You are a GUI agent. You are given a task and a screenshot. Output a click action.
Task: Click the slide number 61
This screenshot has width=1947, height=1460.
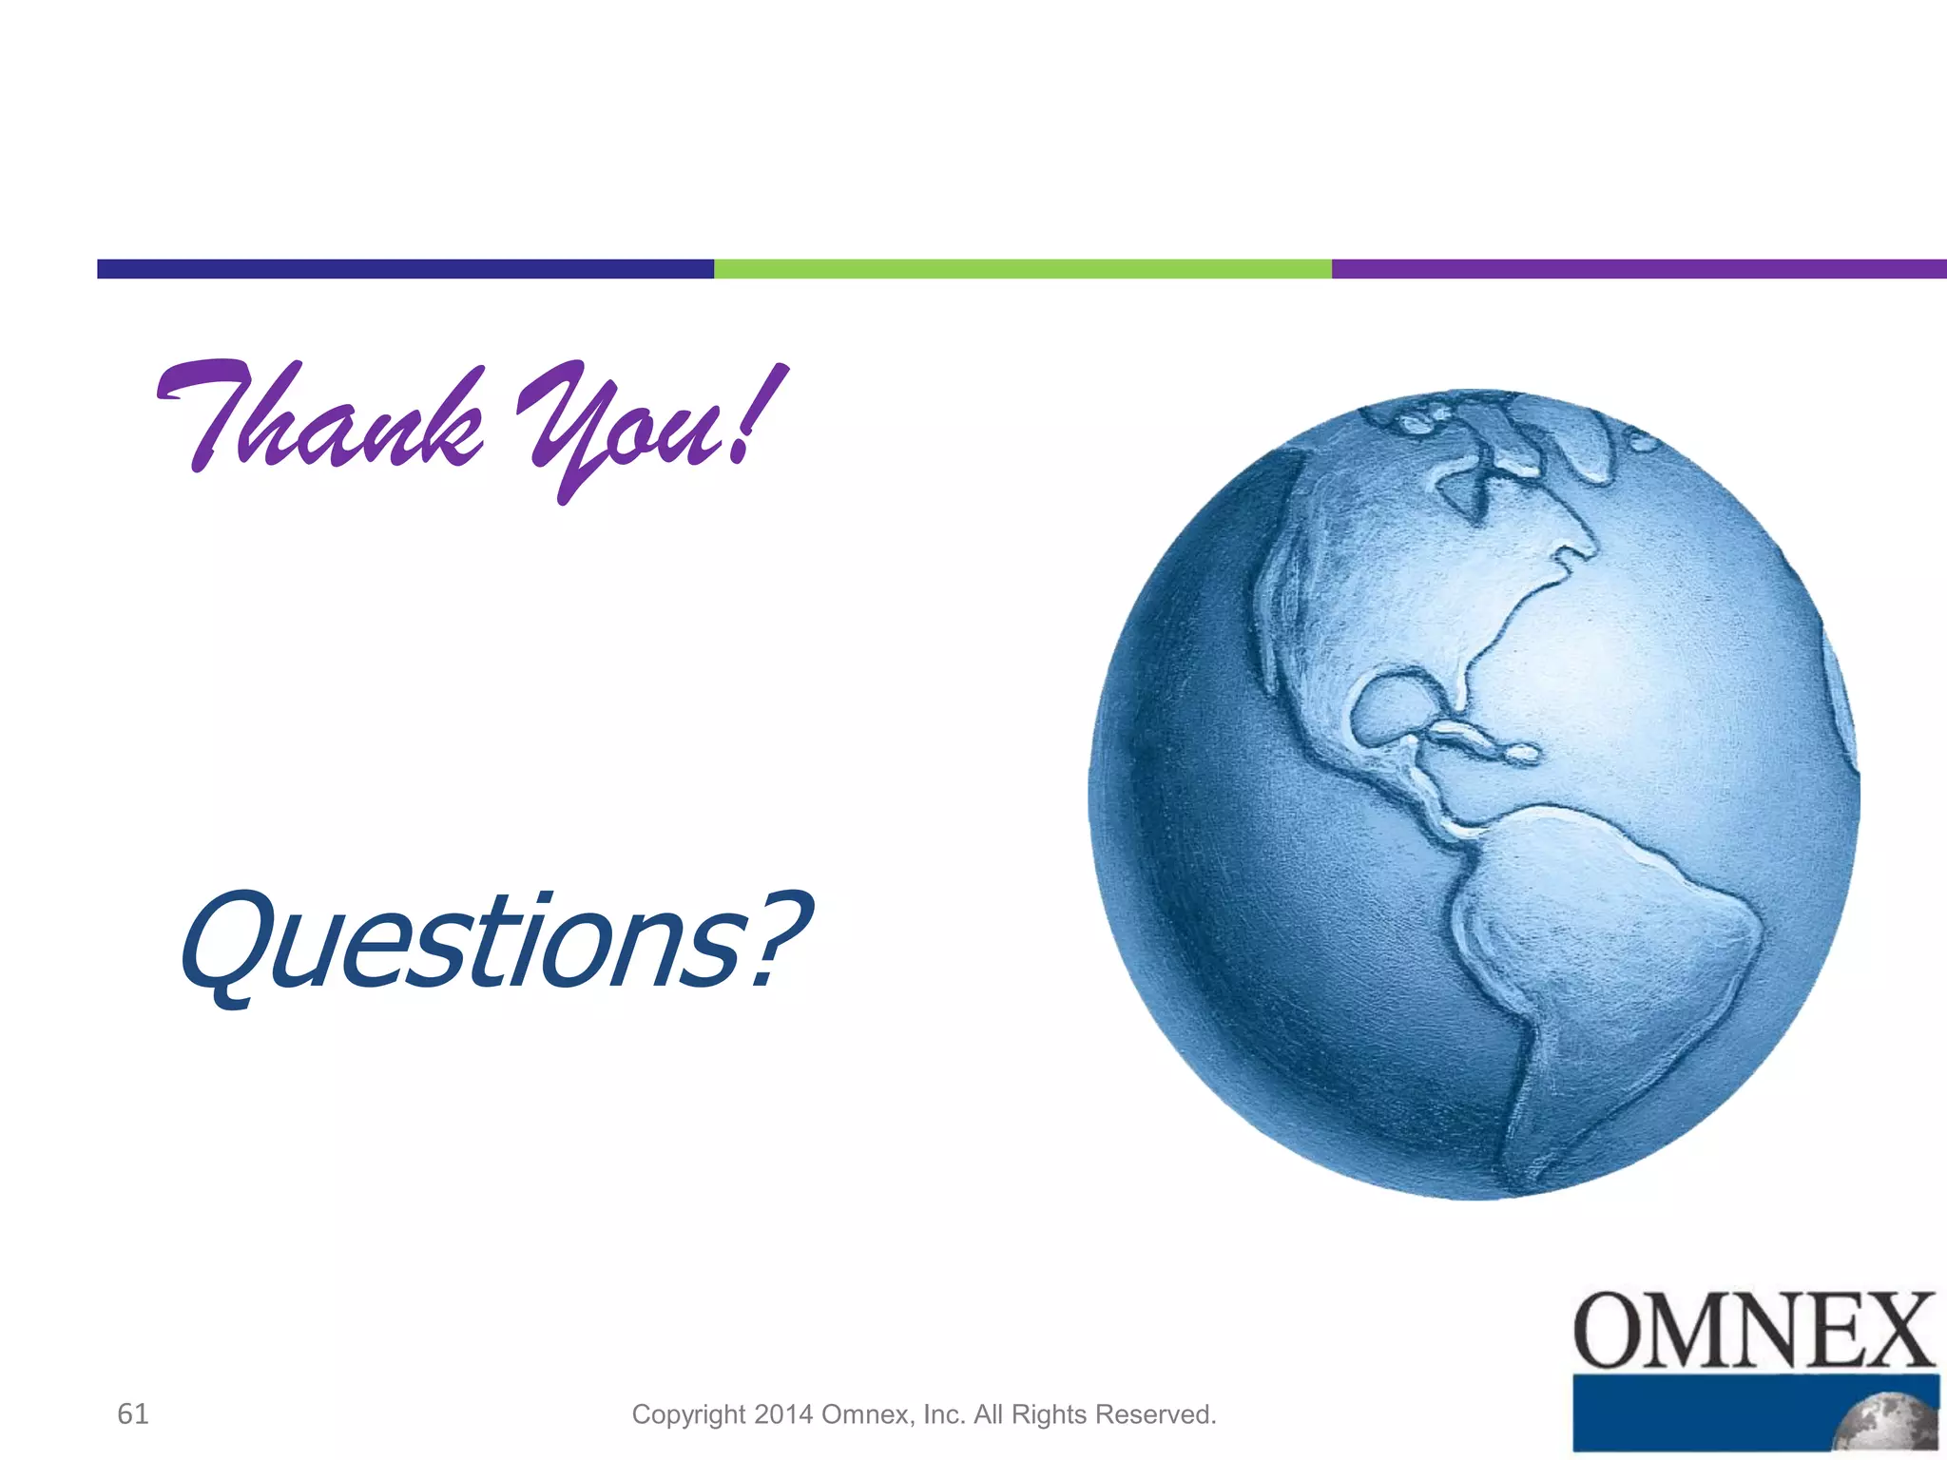(132, 1413)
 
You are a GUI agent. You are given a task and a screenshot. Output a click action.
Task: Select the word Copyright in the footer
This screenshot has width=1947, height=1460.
(688, 1414)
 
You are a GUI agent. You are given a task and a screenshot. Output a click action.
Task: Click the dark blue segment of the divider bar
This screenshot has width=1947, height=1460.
(405, 269)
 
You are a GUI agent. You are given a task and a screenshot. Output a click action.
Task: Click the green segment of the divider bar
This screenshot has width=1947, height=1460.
(1022, 269)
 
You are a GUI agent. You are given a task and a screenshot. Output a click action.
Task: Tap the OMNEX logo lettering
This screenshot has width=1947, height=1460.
(1754, 1331)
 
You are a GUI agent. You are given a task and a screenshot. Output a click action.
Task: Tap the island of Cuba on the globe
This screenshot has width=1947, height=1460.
(1483, 742)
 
